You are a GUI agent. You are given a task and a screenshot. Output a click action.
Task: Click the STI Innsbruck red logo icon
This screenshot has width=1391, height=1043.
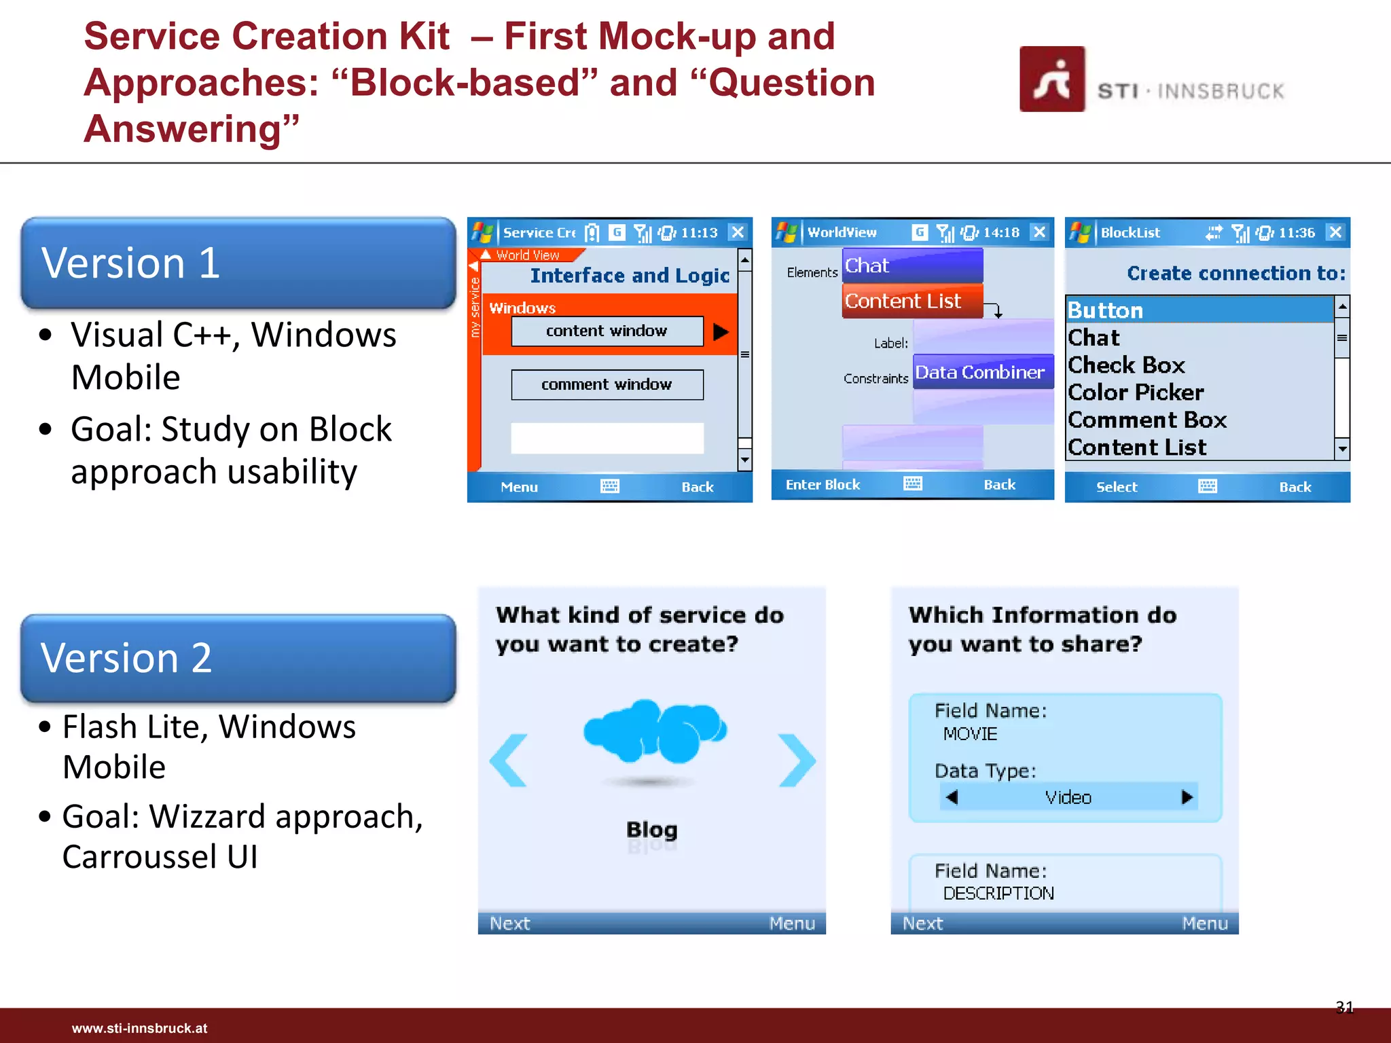tap(1051, 79)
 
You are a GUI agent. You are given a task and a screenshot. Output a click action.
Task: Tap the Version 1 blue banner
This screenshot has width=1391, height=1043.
tap(238, 263)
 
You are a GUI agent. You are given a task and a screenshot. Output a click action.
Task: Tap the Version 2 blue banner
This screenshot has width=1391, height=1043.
tap(238, 658)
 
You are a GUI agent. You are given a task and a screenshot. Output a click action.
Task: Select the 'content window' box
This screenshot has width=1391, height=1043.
tap(607, 331)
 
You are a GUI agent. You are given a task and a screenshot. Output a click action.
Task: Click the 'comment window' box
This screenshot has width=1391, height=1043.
tap(607, 385)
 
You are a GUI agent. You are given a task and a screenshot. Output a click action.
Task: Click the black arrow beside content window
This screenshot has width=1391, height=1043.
tap(721, 332)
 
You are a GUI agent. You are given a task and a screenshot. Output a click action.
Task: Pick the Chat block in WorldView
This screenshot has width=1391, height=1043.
tap(912, 266)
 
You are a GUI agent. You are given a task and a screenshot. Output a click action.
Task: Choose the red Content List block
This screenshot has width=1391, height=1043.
tap(912, 301)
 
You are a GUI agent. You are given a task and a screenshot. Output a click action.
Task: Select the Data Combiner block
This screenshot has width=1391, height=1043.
tap(981, 372)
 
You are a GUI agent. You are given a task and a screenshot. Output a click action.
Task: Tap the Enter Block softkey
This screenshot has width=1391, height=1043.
tap(823, 485)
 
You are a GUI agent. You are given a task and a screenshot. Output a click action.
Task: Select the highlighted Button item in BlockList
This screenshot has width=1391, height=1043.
tap(1199, 310)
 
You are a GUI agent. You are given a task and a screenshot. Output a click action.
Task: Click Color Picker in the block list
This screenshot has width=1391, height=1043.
tap(1136, 392)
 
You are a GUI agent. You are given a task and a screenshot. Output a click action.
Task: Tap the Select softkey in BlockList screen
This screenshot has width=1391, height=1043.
tap(1116, 487)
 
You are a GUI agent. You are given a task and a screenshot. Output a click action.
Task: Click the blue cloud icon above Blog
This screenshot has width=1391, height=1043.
tap(654, 731)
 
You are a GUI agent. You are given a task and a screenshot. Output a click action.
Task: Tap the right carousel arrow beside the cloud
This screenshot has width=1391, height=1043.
tap(797, 760)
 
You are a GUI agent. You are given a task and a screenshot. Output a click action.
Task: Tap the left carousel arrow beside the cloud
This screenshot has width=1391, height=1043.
tap(509, 760)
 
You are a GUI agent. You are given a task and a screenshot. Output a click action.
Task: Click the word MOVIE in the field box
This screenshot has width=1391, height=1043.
tap(970, 734)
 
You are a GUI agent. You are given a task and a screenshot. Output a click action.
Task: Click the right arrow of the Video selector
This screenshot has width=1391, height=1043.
tap(1186, 797)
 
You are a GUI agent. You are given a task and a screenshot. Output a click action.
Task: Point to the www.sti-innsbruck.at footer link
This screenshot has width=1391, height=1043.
tap(139, 1028)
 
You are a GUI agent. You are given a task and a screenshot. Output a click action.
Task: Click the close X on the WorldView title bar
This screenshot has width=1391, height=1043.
tap(1038, 232)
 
